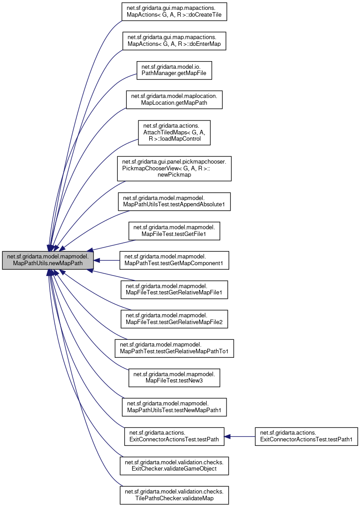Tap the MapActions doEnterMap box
click(174, 40)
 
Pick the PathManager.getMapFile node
click(174, 69)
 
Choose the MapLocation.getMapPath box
click(174, 99)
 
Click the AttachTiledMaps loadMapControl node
click(174, 132)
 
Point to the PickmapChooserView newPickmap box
click(174, 169)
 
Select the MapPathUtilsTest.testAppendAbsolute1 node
click(174, 201)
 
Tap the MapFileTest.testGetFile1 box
click(174, 231)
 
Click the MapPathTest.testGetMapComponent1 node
click(174, 260)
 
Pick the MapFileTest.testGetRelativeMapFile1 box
click(174, 290)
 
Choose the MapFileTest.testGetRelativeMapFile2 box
click(174, 319)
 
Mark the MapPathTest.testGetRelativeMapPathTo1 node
click(174, 348)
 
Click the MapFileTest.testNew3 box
click(174, 378)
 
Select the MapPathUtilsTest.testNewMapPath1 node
click(174, 407)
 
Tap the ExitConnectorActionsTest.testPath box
click(174, 436)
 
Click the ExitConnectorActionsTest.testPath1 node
click(306, 436)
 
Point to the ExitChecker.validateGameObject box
click(174, 466)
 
